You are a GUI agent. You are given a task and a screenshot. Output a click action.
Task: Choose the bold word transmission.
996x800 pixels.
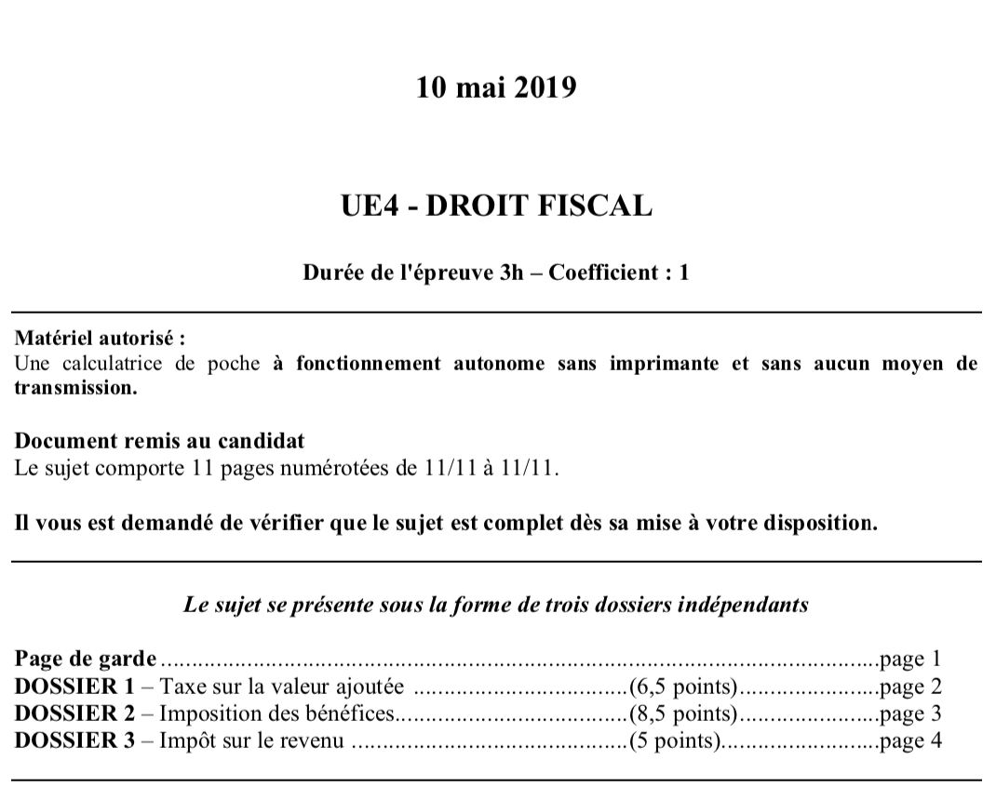click(74, 388)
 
